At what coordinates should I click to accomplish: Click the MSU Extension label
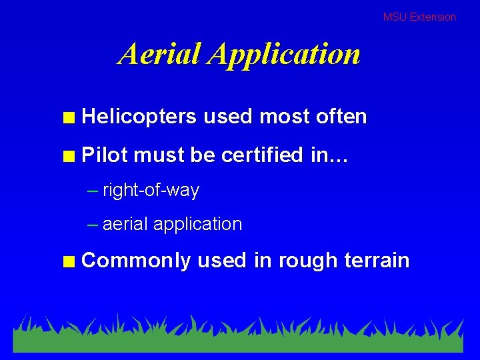419,17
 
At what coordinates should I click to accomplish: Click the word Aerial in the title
160,53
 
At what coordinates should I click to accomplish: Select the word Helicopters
139,117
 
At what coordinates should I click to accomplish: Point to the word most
280,117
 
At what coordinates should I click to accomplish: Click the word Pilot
105,155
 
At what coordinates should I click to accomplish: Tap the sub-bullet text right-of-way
151,191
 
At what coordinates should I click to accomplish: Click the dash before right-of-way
93,191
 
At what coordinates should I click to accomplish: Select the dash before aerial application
93,225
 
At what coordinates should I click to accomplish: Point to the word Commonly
136,261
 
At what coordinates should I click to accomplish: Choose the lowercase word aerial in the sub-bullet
125,224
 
